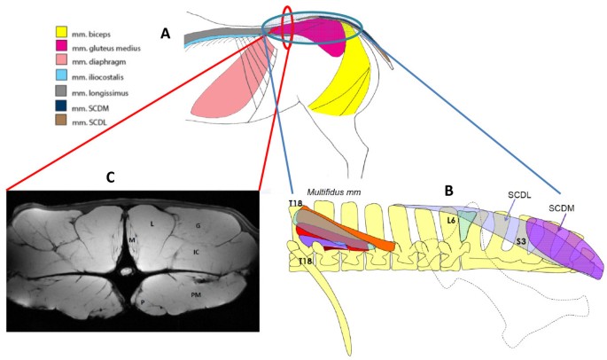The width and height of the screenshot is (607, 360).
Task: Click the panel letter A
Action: click(165, 34)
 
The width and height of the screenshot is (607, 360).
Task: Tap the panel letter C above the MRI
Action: click(110, 177)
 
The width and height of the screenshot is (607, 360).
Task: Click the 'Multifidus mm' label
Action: click(335, 191)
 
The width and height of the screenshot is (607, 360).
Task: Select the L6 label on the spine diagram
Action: click(451, 220)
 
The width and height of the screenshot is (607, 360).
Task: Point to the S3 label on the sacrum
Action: click(522, 240)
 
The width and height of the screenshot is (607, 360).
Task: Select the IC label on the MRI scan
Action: click(197, 252)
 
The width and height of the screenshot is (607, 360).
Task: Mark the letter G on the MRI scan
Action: click(198, 227)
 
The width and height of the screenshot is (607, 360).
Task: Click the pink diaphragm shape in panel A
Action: click(226, 89)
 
